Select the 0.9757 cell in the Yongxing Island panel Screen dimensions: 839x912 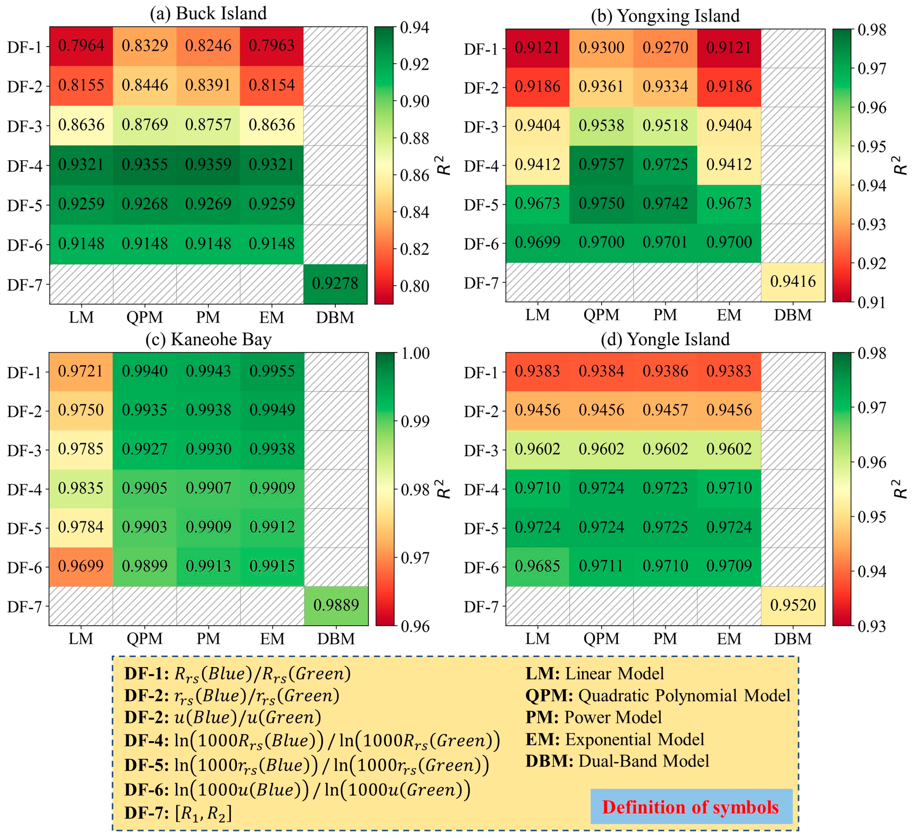tap(601, 164)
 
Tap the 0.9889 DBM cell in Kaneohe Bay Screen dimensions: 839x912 tap(336, 605)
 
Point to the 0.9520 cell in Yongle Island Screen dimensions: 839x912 tap(793, 605)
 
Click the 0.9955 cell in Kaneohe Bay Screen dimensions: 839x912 tap(272, 371)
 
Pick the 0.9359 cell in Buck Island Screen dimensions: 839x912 tap(208, 164)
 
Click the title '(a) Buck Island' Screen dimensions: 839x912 tap(208, 13)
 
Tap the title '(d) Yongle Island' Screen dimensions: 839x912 tap(665, 339)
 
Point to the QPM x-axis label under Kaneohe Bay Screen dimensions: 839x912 tap(144, 639)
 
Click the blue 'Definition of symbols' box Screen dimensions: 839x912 tap(691, 807)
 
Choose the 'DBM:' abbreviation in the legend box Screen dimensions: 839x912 tap(549, 761)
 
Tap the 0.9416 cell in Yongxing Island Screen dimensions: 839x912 tap(793, 282)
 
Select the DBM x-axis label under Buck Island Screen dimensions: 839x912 tap(335, 317)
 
